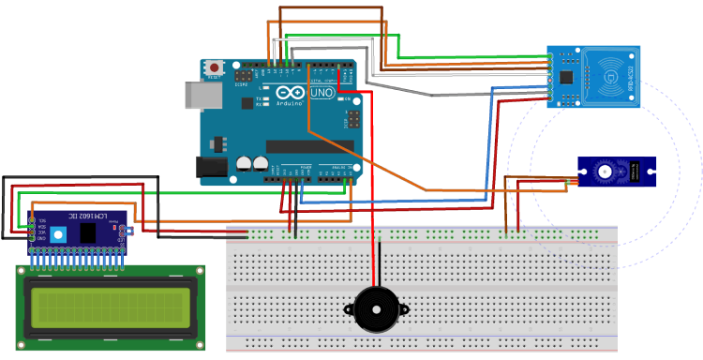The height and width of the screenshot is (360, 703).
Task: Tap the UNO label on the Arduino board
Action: [322, 95]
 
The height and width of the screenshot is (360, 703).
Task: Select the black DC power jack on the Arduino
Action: [210, 166]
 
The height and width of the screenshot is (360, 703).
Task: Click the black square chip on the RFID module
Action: [568, 75]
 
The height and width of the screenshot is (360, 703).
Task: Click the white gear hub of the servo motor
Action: [605, 171]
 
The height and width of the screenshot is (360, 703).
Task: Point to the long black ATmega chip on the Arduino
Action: [309, 146]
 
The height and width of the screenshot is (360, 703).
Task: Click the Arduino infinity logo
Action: [290, 94]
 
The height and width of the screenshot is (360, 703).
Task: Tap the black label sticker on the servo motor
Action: [637, 171]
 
